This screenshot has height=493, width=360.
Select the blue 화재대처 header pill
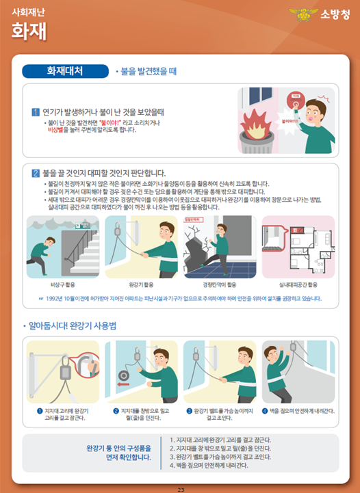point(65,70)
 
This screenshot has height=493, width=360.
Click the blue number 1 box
point(36,111)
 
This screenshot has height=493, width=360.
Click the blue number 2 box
point(36,173)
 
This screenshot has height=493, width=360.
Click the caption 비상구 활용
point(64,283)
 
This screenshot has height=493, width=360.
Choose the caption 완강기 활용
point(141,283)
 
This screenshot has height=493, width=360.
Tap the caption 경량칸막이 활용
point(220,283)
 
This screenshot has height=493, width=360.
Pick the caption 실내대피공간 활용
point(298,283)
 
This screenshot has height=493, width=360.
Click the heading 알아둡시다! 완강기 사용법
point(73,326)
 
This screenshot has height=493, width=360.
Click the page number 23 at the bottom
point(181,489)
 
